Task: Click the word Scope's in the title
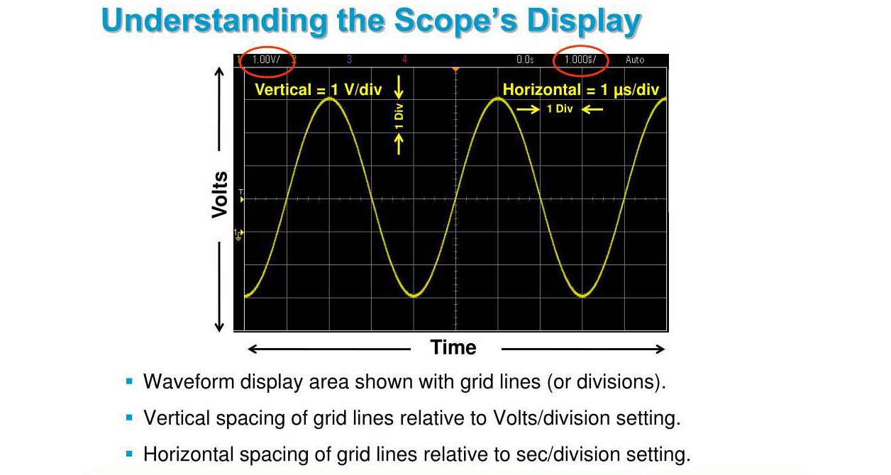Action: (x=456, y=21)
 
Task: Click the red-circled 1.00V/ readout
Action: (x=266, y=60)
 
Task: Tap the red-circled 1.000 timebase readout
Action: (x=580, y=60)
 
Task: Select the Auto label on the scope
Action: (x=634, y=60)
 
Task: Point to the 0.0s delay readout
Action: (x=525, y=60)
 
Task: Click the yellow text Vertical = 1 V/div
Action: (x=319, y=89)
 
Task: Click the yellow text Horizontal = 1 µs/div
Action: (x=581, y=90)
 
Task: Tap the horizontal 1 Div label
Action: (x=560, y=108)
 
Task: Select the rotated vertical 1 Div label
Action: (x=399, y=116)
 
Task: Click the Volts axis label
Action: (x=220, y=195)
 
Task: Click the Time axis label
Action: (x=453, y=347)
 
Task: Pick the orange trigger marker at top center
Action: (x=456, y=69)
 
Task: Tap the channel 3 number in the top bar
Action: (x=349, y=60)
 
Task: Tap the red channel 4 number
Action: (x=404, y=60)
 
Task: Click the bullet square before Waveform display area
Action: (x=129, y=381)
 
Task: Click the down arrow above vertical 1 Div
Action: (x=399, y=87)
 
